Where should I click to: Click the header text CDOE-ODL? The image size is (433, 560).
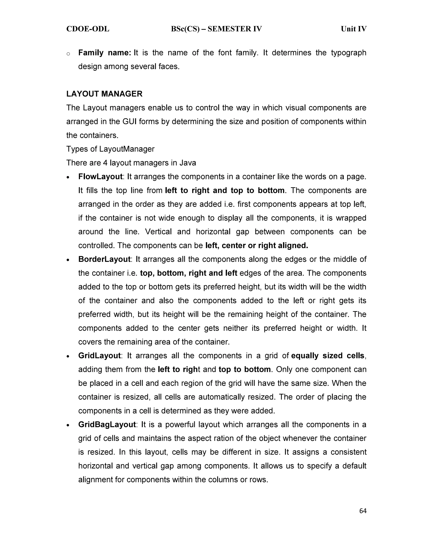click(88, 29)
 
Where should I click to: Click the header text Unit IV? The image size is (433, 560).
click(354, 29)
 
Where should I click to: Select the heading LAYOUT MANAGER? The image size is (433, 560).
click(104, 94)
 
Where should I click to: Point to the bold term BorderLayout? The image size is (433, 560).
click(104, 259)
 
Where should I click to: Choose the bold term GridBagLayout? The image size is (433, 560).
click(107, 425)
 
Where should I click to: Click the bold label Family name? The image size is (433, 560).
click(105, 53)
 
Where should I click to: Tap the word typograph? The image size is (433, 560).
click(349, 53)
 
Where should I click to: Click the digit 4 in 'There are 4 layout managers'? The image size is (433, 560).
click(105, 163)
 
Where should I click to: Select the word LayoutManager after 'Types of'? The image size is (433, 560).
click(127, 149)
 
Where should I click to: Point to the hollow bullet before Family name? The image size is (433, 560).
click(68, 54)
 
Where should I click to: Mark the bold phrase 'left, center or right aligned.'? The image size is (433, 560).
click(257, 246)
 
